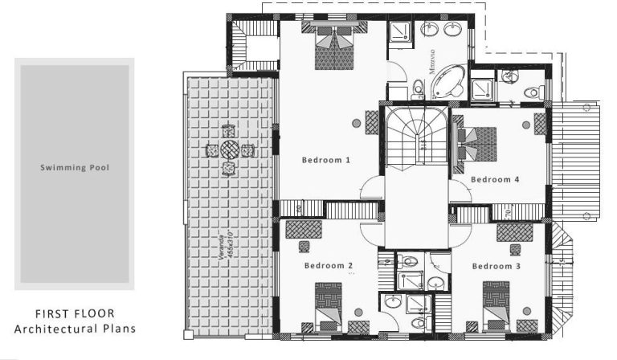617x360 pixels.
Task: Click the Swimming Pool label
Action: click(75, 168)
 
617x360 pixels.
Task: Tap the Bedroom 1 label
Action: click(326, 160)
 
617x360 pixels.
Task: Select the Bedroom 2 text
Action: click(329, 265)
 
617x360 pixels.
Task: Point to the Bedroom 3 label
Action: click(496, 266)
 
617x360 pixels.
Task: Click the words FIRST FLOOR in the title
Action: click(75, 313)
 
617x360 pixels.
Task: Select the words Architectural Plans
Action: click(75, 328)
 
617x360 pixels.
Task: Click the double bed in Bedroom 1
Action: click(332, 47)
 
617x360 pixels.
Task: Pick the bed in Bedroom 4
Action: click(478, 145)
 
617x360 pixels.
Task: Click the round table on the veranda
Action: click(230, 149)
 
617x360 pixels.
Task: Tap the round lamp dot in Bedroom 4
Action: click(525, 125)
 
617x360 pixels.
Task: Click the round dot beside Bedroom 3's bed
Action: click(524, 309)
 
